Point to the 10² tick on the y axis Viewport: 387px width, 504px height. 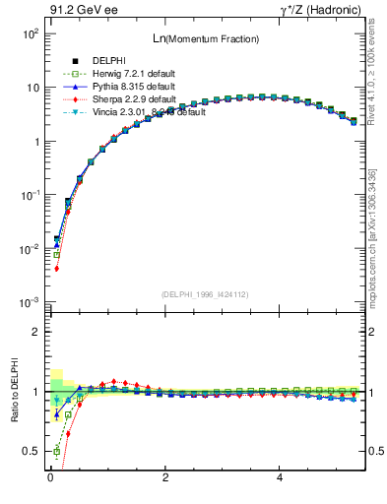coord(32,33)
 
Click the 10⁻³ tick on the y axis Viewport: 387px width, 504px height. coord(32,302)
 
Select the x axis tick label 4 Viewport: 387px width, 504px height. coord(281,479)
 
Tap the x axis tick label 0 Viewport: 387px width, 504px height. coord(50,479)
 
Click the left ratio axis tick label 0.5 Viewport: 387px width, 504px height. coord(32,452)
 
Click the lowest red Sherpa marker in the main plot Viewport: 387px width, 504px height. coord(56,268)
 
